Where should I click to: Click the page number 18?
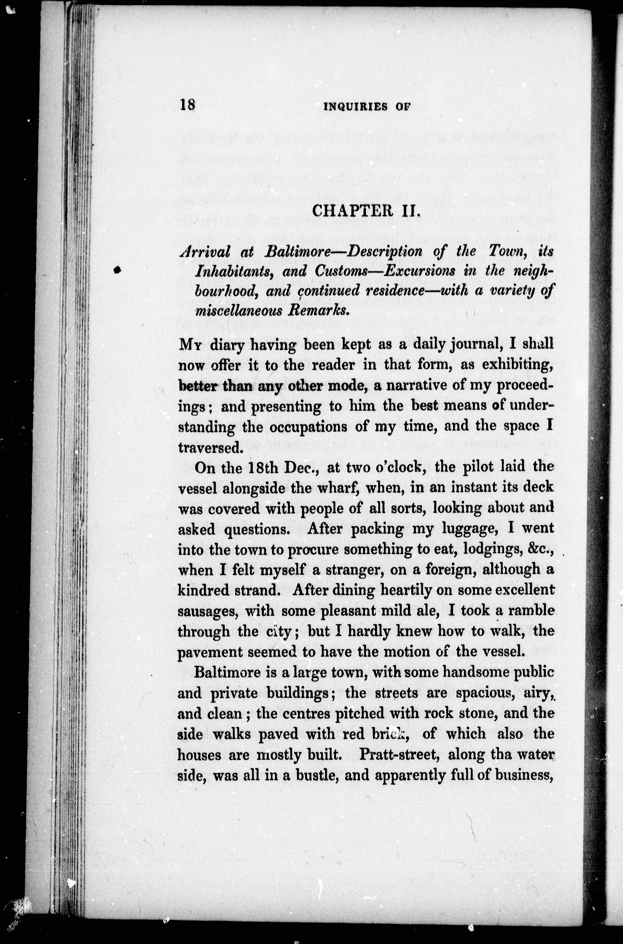tap(187, 105)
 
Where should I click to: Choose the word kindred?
tap(202, 591)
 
